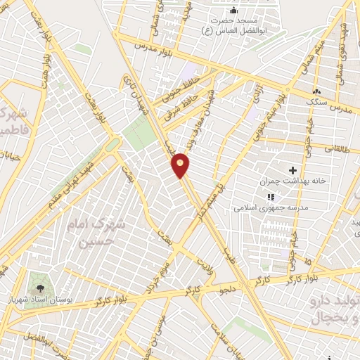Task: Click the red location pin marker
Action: pos(181,165)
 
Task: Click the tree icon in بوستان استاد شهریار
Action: pos(40,289)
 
